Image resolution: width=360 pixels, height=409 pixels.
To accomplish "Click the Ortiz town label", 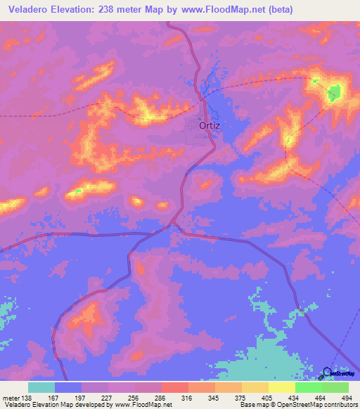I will click(210, 126).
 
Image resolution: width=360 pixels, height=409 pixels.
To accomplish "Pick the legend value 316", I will click(187, 397).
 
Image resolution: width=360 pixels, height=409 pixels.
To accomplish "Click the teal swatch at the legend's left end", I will click(41, 387).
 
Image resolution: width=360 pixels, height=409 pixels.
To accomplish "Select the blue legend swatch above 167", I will click(68, 387).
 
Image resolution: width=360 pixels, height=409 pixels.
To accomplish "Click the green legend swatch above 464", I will click(308, 387).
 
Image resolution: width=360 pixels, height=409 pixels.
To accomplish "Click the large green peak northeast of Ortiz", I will click(334, 92).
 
